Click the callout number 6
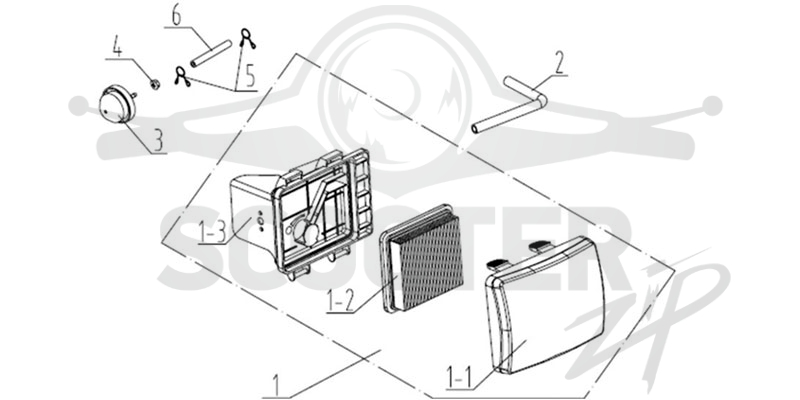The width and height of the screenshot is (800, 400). click(x=176, y=16)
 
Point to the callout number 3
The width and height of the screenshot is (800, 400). click(x=159, y=140)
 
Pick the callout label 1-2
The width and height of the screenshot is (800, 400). click(x=340, y=301)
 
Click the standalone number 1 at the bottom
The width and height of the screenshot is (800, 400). click(x=276, y=386)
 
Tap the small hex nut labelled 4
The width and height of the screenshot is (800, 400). click(x=154, y=84)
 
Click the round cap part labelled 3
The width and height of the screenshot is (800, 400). click(x=117, y=104)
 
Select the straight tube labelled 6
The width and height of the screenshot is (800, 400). click(x=211, y=53)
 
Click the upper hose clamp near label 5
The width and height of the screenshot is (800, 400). click(x=247, y=38)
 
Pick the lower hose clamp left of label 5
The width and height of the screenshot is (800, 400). click(x=182, y=77)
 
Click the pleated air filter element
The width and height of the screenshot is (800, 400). click(x=422, y=258)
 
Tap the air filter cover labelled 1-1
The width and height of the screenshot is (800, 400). click(x=546, y=305)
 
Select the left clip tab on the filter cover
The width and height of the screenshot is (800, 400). click(x=500, y=263)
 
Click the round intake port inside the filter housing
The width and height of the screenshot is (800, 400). click(x=311, y=233)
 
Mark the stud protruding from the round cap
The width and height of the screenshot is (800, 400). click(x=133, y=93)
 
